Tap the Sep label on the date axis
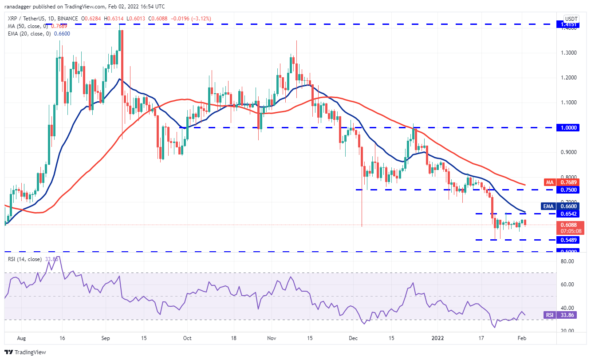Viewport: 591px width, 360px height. (x=105, y=338)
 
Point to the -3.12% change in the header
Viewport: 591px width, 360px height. (x=202, y=18)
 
